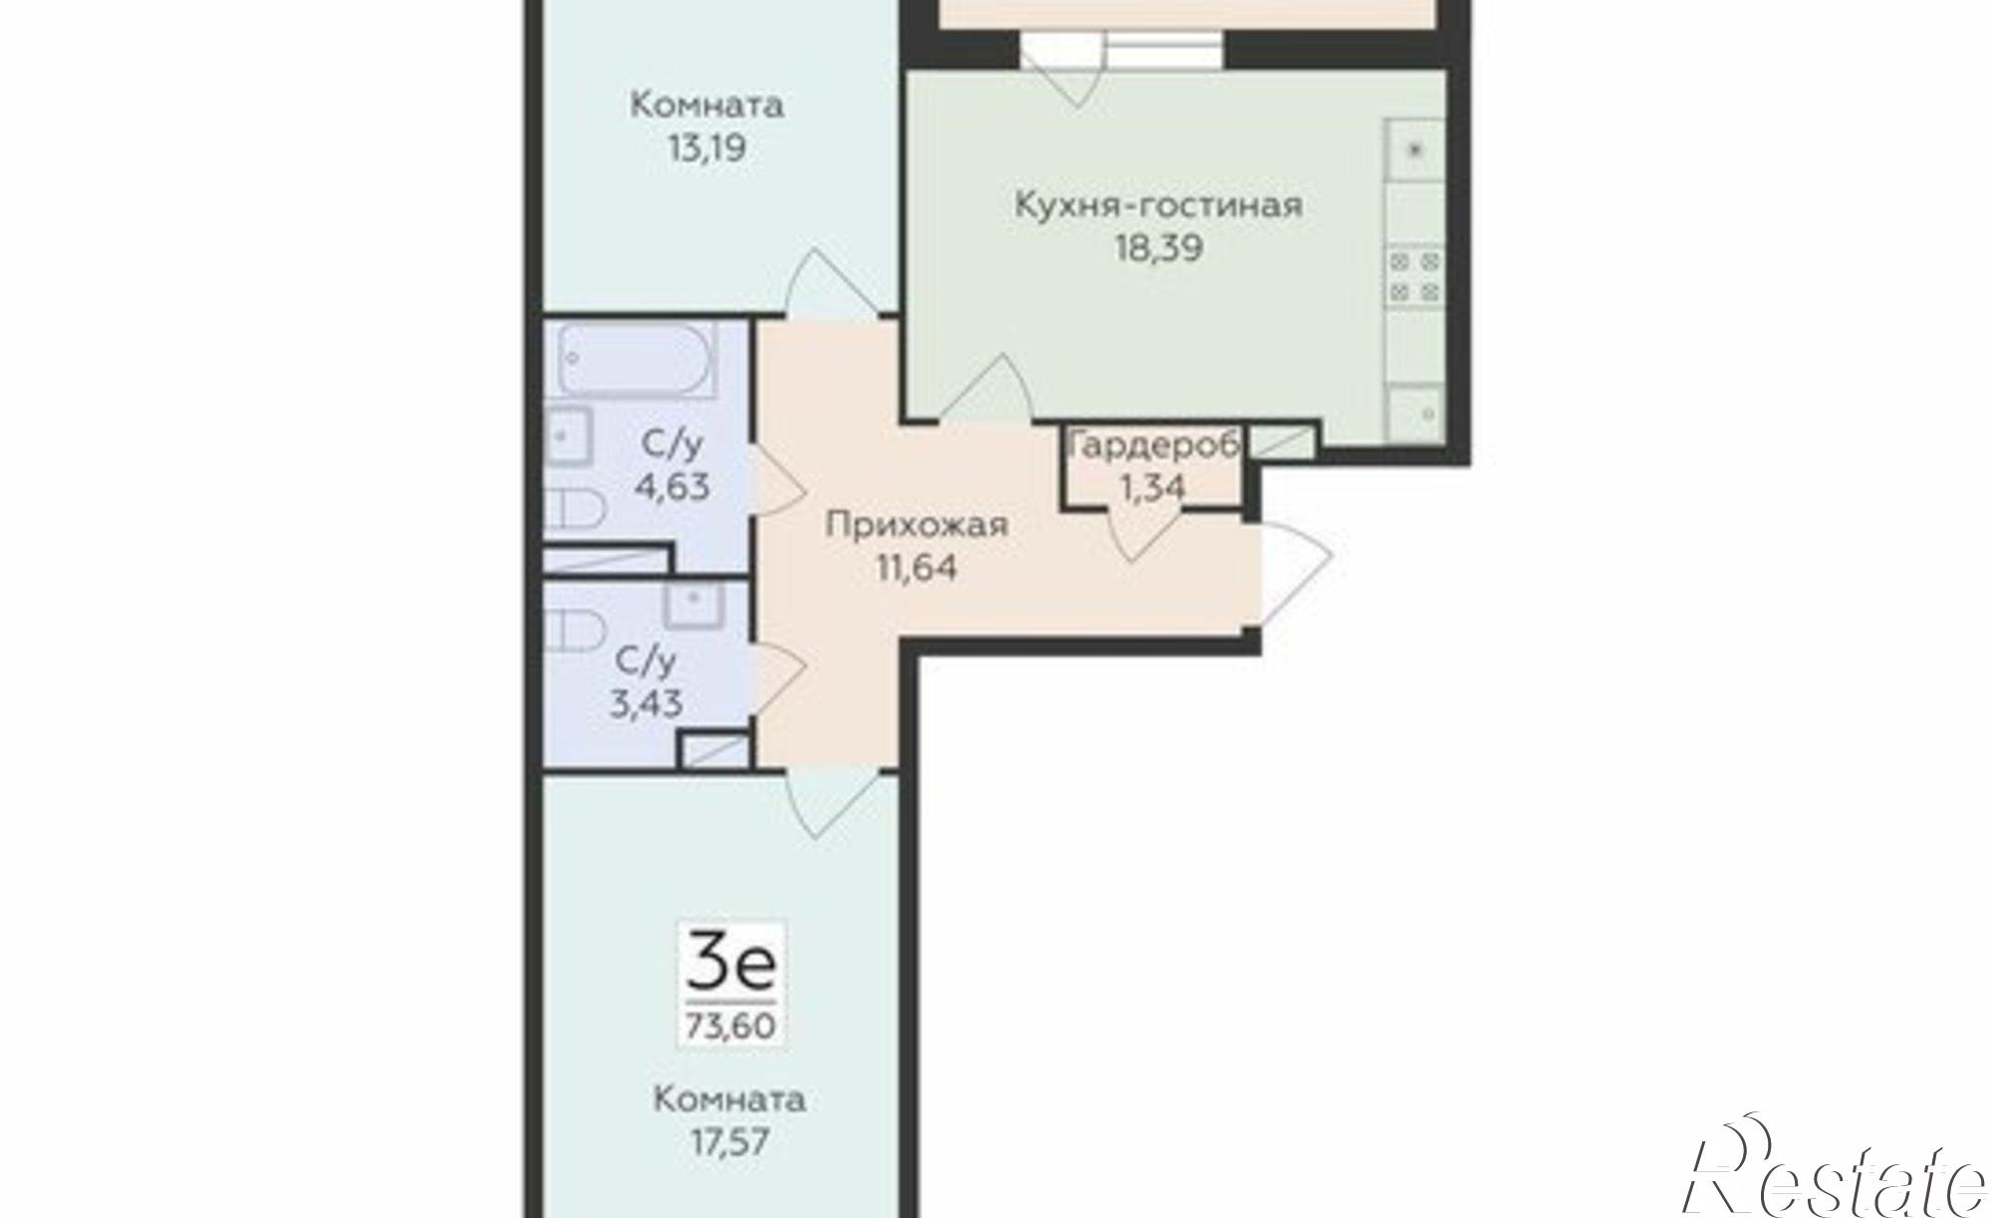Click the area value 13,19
coord(707,149)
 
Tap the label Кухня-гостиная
coord(1158,205)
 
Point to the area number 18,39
coord(1158,249)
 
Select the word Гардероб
coord(1152,445)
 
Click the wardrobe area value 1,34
coord(1152,487)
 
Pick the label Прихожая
coord(916,525)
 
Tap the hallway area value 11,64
coord(916,568)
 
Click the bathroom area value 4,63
coord(674,487)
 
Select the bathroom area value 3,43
coord(646,704)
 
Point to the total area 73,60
coord(731,1025)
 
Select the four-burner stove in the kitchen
coord(1415,277)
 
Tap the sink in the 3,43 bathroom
coord(692,604)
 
